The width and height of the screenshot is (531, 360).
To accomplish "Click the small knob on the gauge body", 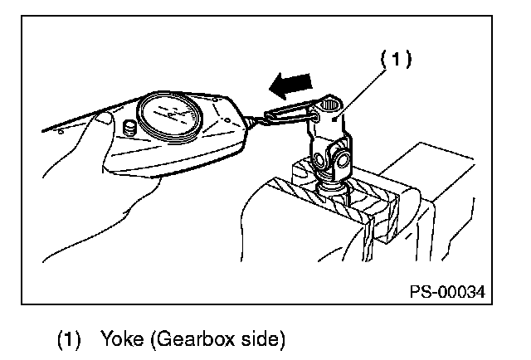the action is (129, 129).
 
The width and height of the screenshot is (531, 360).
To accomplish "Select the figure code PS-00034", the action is (446, 292).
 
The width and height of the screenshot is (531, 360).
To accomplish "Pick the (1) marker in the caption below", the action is (70, 339).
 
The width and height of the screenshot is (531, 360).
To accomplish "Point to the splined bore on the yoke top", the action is (330, 104).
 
